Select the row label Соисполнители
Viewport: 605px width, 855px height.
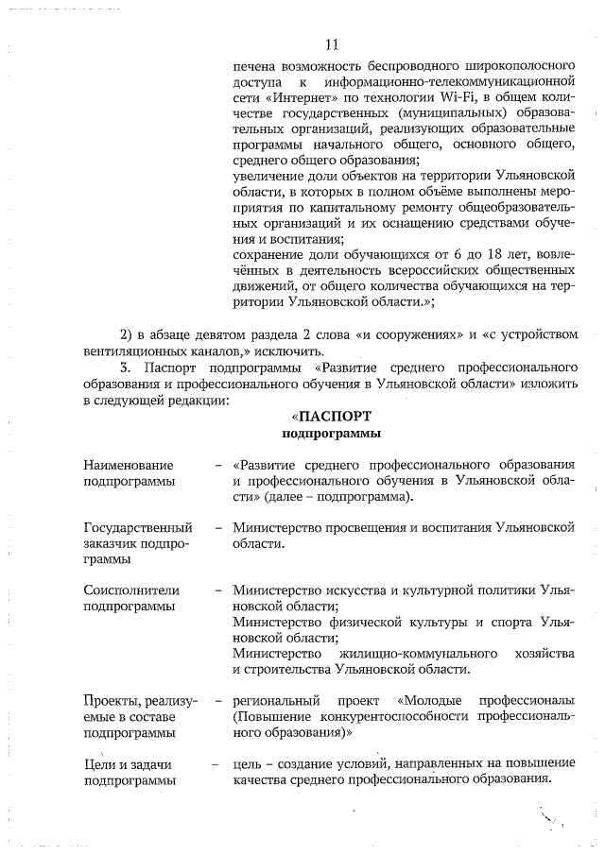point(131,590)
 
